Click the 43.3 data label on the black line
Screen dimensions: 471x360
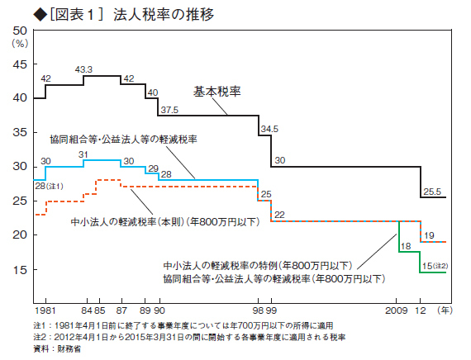tap(83, 69)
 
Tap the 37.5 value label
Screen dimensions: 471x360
tap(169, 110)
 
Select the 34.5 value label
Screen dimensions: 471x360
tap(269, 129)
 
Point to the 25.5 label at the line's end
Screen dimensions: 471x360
tap(432, 192)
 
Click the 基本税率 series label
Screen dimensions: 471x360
tap(216, 92)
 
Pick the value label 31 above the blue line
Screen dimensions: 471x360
tap(83, 154)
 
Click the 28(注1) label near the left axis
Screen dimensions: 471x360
tap(50, 186)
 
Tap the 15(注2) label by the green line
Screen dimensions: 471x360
tap(435, 266)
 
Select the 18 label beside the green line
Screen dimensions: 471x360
tap(406, 246)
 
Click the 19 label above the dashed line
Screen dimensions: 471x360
tap(429, 235)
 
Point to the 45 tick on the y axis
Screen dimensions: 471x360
tap(20, 64)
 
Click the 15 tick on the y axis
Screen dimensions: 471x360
tap(20, 270)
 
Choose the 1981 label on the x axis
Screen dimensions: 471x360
tap(45, 310)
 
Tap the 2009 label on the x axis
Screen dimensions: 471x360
tap(397, 310)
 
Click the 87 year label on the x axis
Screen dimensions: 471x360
tap(121, 310)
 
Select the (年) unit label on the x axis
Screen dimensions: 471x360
tap(445, 310)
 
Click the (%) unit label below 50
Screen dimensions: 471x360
tap(20, 44)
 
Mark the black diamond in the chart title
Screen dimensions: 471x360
tap(40, 15)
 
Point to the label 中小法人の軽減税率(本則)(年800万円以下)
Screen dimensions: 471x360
tap(165, 222)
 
